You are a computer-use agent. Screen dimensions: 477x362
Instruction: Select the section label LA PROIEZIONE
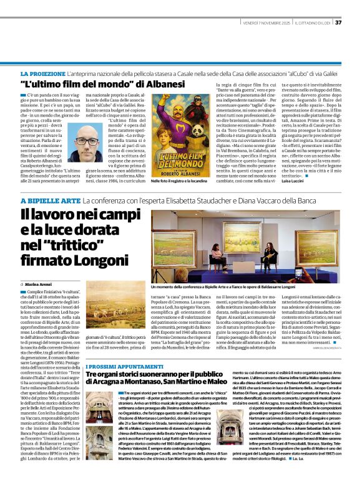click(43, 74)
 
